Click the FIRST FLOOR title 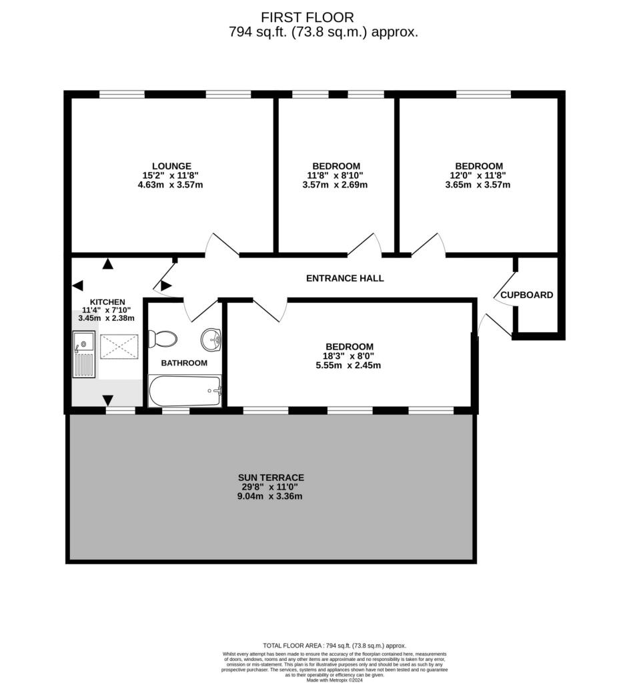307,17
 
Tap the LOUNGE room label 171,166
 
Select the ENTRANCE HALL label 345,278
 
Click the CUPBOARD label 527,295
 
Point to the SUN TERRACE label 271,478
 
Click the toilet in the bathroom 163,338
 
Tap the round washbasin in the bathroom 211,339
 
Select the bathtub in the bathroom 185,391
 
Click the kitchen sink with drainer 83,354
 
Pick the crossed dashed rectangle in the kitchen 119,347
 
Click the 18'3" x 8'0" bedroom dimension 350,356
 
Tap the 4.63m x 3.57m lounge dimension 170,185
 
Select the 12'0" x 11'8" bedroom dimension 478,175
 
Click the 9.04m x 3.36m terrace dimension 269,496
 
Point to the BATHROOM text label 184,363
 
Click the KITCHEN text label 107,302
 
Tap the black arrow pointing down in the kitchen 107,400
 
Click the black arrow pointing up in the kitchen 107,263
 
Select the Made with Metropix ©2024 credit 335,680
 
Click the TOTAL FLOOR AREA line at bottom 335,646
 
